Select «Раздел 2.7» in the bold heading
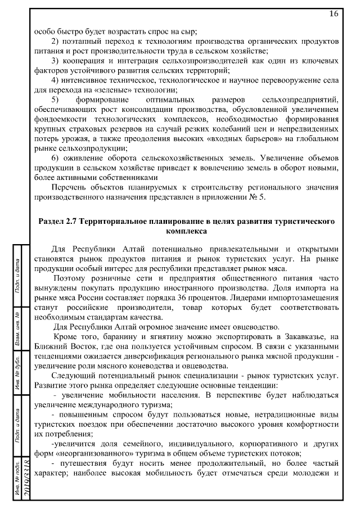(x=59, y=222)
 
